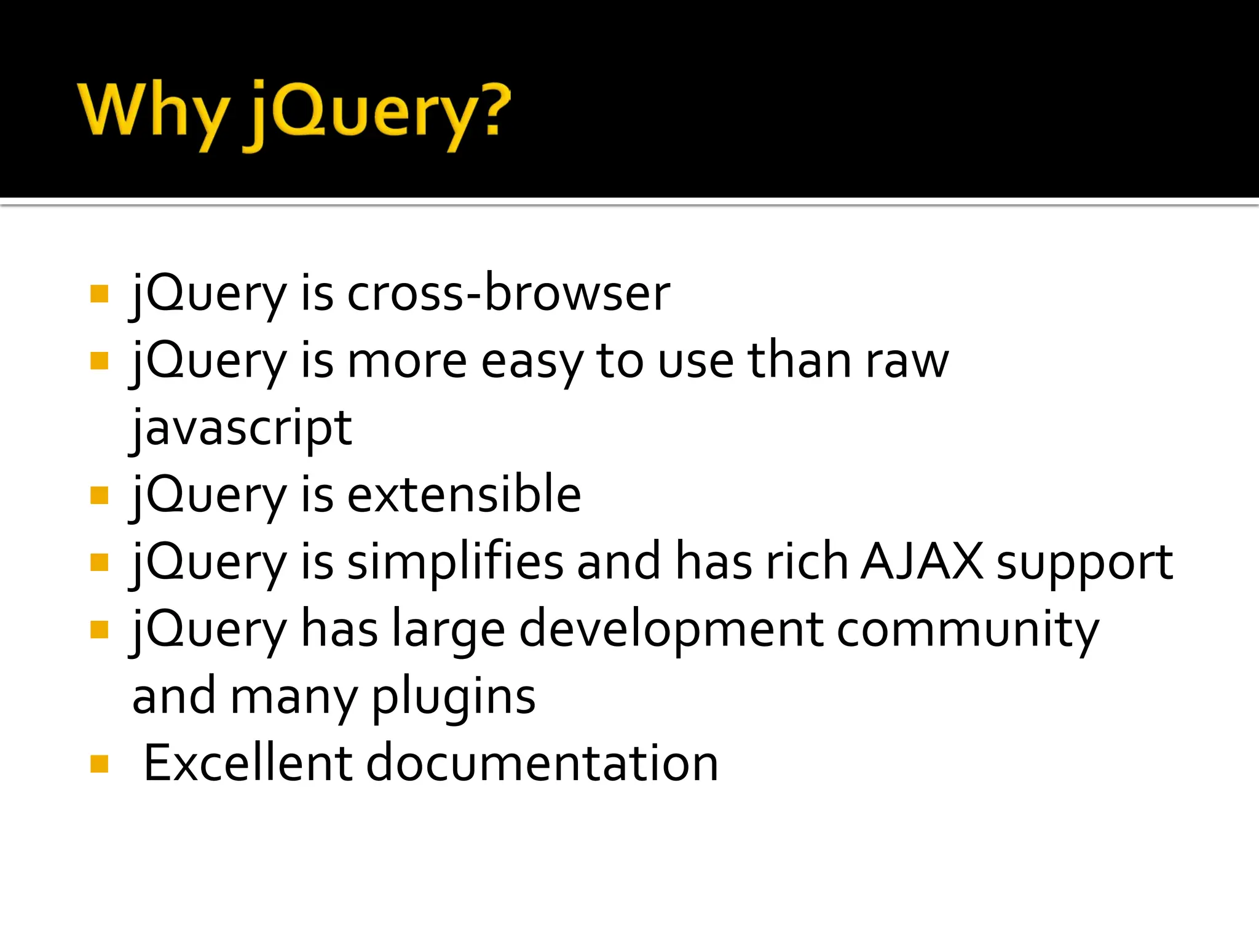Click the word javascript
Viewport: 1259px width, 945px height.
[x=242, y=428]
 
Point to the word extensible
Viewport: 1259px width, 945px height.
[x=464, y=495]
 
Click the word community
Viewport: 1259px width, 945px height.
[x=968, y=630]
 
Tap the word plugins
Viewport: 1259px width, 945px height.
[x=454, y=698]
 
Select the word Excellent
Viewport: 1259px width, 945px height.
[x=248, y=764]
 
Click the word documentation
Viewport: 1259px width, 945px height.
[x=542, y=764]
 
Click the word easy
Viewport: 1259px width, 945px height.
[x=531, y=362]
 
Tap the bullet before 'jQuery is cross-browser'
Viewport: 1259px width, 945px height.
[x=99, y=293]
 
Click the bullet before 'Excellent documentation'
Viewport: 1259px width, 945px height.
[x=99, y=764]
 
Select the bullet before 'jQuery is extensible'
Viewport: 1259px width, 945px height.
[x=99, y=495]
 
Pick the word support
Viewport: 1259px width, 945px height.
[x=1084, y=562]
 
